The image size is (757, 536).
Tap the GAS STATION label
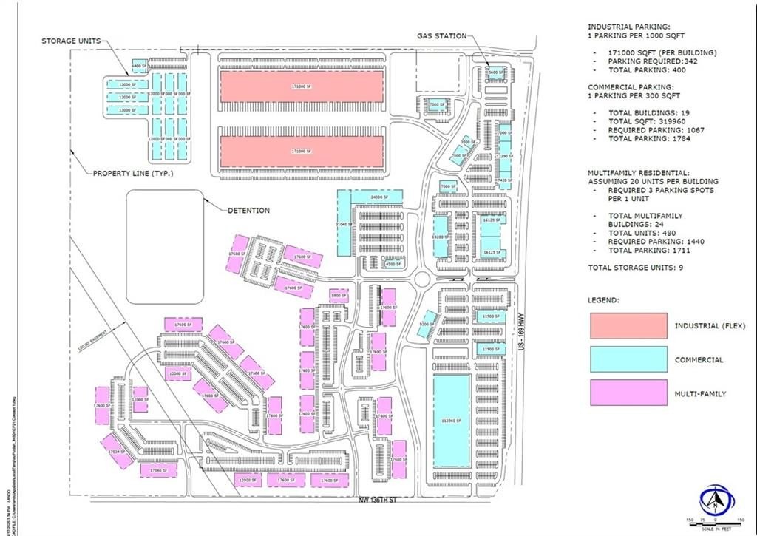[442, 35]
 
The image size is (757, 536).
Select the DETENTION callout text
[248, 211]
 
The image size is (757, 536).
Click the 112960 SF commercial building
[451, 421]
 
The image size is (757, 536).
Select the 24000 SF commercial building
[380, 197]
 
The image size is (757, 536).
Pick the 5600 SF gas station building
[495, 72]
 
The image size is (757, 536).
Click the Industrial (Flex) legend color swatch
[628, 326]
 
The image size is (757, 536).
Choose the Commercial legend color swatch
[628, 360]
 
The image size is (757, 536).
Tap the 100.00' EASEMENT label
[95, 341]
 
